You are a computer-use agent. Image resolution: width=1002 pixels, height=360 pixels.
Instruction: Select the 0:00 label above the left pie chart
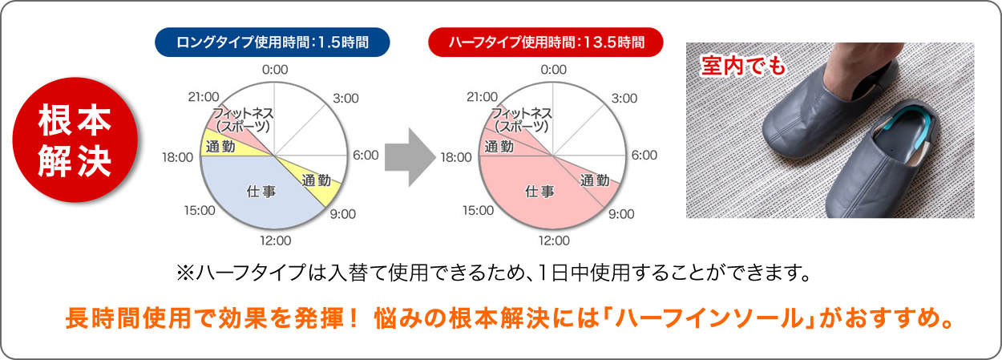[x=275, y=70]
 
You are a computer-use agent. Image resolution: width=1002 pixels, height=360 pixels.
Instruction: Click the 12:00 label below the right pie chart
[x=553, y=240]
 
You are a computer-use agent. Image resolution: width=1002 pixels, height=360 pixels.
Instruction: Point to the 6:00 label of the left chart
[x=366, y=155]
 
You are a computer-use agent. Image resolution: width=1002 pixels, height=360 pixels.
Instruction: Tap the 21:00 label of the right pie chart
[x=481, y=97]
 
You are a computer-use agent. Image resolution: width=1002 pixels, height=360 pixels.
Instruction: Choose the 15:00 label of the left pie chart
[x=199, y=210]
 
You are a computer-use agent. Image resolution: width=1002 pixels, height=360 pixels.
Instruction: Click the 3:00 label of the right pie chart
[x=624, y=98]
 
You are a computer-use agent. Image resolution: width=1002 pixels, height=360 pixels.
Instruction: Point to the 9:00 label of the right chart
[x=620, y=214]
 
